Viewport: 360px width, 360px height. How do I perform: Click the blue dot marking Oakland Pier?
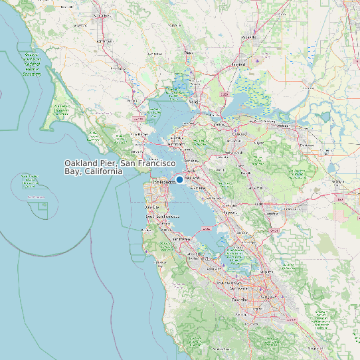tap(179, 180)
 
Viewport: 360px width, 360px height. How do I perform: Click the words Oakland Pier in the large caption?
tap(90, 163)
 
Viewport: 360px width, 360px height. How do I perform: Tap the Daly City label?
tap(152, 207)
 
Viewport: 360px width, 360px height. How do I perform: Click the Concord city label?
tap(238, 133)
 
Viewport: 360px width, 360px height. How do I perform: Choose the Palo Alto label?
tap(215, 268)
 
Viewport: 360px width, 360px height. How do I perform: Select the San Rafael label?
tap(139, 134)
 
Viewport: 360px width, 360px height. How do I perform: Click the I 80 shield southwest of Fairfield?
tap(225, 95)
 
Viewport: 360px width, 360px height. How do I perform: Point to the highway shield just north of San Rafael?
tap(139, 119)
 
